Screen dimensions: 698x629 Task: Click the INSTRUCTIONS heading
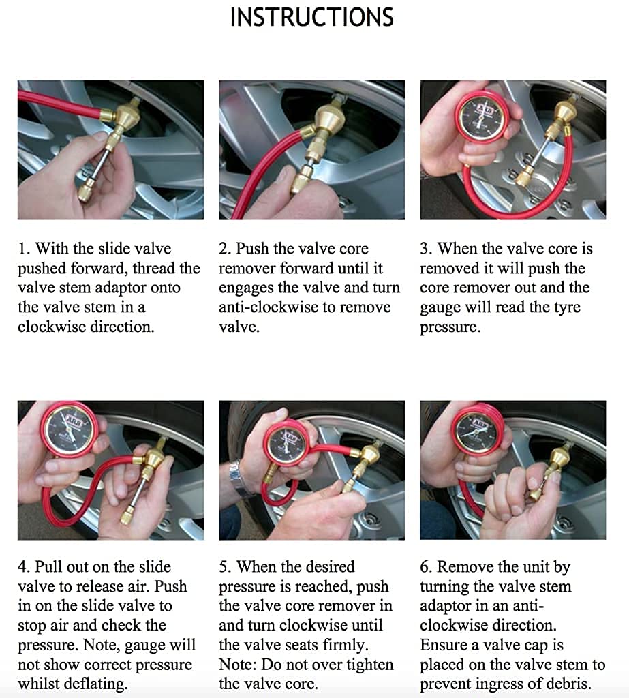(312, 17)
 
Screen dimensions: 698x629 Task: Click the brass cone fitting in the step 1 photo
(125, 116)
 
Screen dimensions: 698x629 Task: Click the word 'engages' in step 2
(249, 288)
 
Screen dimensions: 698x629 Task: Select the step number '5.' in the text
(225, 567)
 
